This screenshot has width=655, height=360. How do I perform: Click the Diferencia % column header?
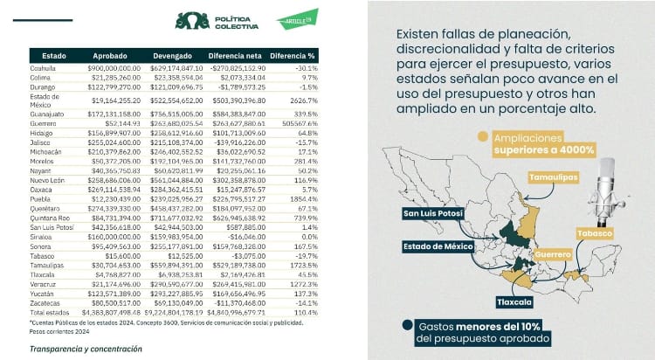pyautogui.click(x=293, y=54)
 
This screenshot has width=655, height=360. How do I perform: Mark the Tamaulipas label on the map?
pyautogui.click(x=554, y=177)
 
